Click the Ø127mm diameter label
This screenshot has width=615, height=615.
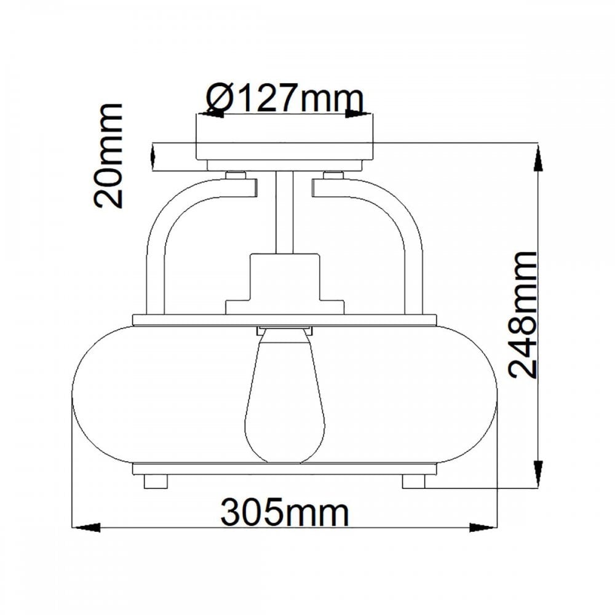[x=285, y=100]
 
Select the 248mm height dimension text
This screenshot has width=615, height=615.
[x=522, y=314]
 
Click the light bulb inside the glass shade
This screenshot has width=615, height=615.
[x=285, y=395]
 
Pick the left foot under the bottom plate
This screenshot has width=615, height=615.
[x=156, y=482]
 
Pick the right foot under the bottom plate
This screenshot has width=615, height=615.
[x=414, y=482]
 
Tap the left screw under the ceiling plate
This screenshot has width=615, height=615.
[x=236, y=175]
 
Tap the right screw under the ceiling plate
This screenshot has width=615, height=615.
[x=333, y=175]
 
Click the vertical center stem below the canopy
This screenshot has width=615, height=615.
[x=285, y=212]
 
